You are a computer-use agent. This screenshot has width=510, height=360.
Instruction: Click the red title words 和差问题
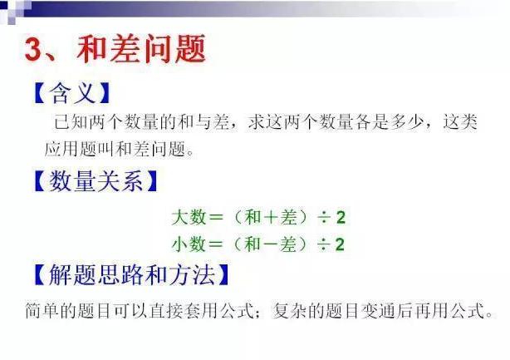coord(140,50)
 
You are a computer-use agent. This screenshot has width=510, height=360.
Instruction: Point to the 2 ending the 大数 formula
coord(341,219)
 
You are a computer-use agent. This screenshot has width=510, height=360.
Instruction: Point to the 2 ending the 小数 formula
coord(341,244)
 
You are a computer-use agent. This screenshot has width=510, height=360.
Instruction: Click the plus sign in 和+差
coord(267,219)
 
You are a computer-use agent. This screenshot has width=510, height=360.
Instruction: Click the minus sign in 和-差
coord(267,244)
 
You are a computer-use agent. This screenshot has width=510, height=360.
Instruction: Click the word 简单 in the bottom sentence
coord(41,313)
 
